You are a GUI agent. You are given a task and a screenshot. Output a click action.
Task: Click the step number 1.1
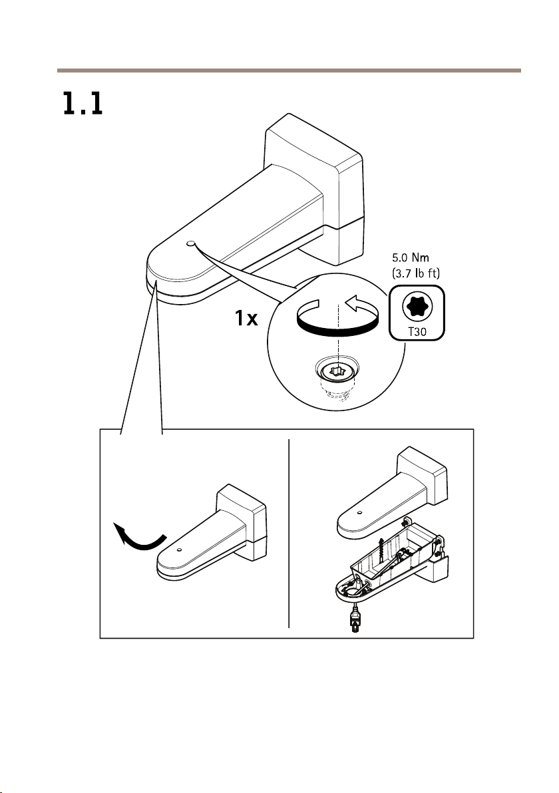click(83, 103)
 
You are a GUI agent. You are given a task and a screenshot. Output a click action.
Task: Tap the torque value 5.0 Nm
click(411, 258)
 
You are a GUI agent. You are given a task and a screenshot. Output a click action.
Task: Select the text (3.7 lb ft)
click(417, 273)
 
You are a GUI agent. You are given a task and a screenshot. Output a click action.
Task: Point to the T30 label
click(417, 332)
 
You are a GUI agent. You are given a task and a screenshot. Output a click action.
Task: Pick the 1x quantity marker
click(246, 319)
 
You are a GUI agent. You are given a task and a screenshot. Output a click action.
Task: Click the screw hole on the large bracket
click(190, 243)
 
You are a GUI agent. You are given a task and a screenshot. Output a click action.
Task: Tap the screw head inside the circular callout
click(336, 373)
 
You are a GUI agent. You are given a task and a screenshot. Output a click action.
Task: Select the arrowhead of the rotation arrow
click(353, 303)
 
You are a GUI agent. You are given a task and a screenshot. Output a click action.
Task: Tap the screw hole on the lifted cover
click(359, 512)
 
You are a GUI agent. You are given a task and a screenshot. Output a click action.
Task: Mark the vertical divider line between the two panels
click(289, 533)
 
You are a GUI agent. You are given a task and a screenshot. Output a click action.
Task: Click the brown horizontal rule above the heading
click(289, 71)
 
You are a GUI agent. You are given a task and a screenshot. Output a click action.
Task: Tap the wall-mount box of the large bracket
click(314, 188)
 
